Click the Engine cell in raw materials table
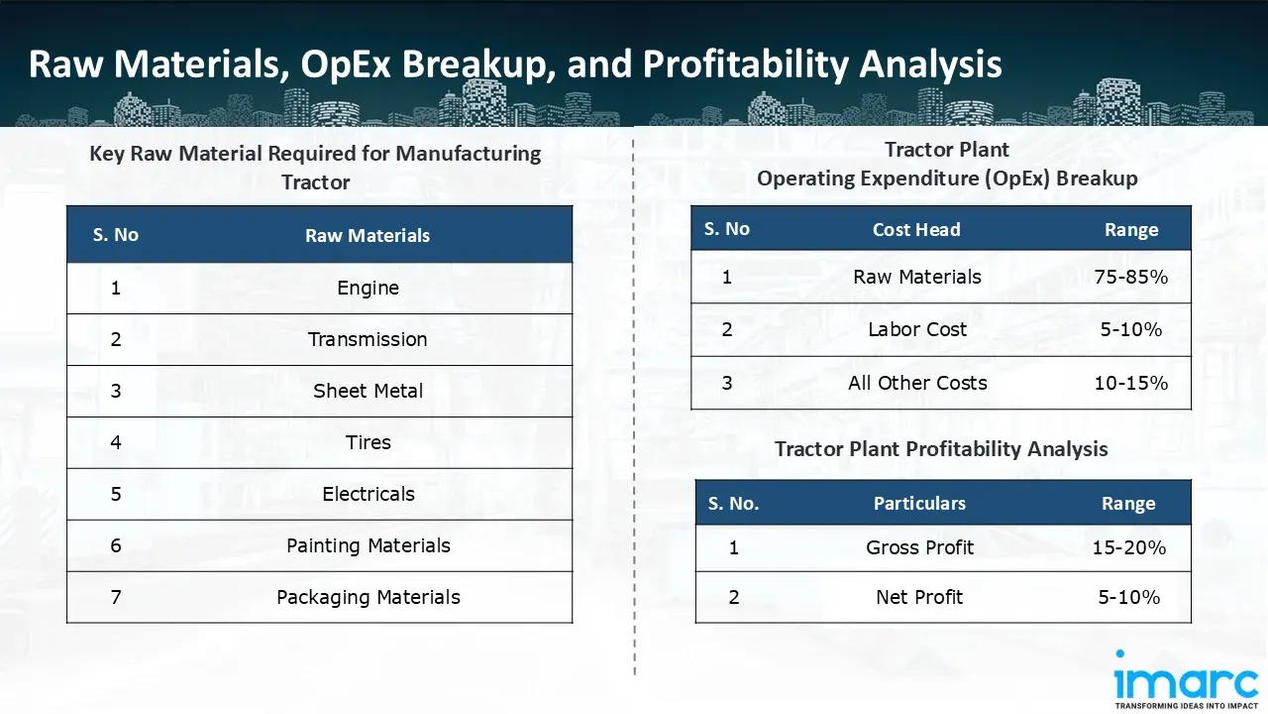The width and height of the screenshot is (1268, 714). (368, 289)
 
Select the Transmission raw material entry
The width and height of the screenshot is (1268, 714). (368, 340)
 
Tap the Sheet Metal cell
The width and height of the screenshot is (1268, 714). (368, 392)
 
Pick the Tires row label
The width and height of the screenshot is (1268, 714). (368, 443)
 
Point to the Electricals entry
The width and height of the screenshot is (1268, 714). (368, 495)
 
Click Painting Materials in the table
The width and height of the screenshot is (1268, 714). (368, 546)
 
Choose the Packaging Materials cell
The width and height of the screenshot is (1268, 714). (368, 598)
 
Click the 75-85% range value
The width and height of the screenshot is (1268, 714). (1130, 278)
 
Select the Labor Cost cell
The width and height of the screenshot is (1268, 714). (916, 330)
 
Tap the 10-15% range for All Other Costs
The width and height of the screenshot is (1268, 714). (1130, 384)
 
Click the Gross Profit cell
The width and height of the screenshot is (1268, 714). (919, 548)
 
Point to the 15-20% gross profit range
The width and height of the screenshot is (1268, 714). (1128, 548)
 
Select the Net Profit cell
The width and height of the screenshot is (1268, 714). (919, 598)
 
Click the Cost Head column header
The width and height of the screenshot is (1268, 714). (916, 230)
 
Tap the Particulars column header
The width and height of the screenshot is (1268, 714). (919, 504)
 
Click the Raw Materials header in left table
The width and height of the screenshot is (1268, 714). (368, 236)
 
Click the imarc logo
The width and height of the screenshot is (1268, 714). (1185, 679)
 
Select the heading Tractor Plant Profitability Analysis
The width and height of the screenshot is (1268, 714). (941, 449)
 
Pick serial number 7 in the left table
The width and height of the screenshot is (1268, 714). (116, 598)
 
